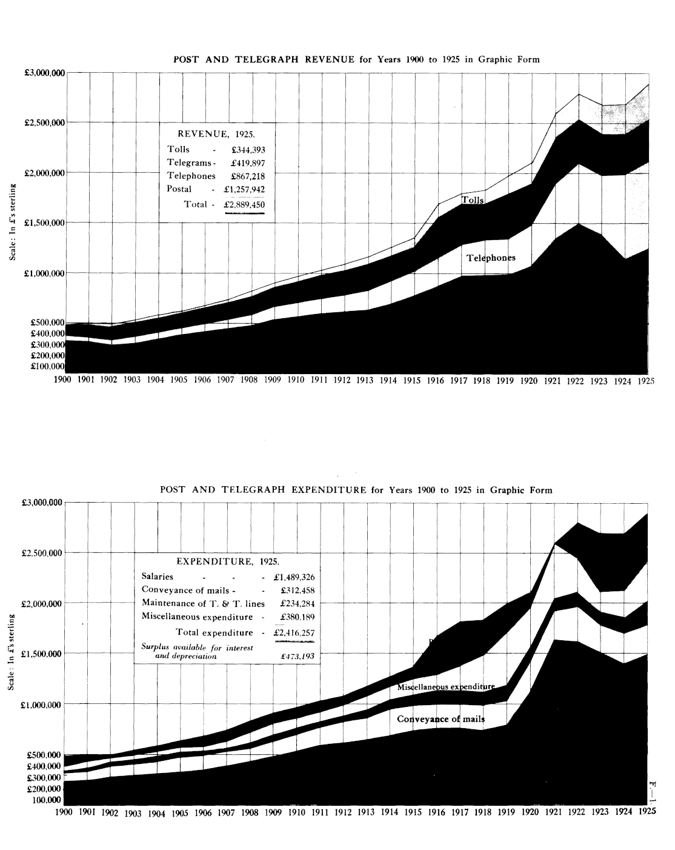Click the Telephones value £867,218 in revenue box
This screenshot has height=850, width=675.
pyautogui.click(x=248, y=176)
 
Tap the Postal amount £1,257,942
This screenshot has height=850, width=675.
pyautogui.click(x=245, y=189)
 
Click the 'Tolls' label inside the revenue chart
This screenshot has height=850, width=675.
pyautogui.click(x=473, y=200)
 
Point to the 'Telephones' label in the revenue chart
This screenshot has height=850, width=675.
pyautogui.click(x=491, y=258)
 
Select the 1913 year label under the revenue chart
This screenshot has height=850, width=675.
pyautogui.click(x=364, y=380)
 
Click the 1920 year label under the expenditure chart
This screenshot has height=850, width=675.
pyautogui.click(x=530, y=811)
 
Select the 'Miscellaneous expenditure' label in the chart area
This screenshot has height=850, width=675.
pyautogui.click(x=446, y=687)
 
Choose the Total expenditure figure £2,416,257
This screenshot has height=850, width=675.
pyautogui.click(x=294, y=633)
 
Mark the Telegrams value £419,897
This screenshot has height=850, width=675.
pyautogui.click(x=248, y=163)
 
